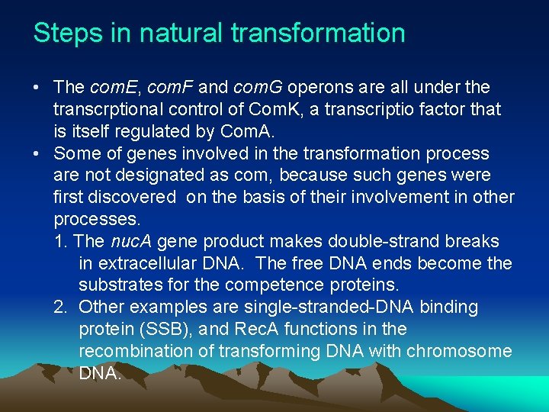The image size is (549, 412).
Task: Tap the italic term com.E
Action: point(110,88)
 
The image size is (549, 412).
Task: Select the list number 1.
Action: point(60,242)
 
